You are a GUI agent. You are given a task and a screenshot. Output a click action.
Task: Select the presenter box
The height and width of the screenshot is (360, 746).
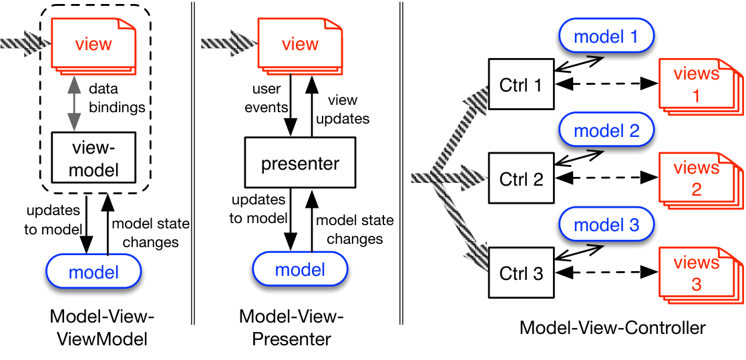coord(301,162)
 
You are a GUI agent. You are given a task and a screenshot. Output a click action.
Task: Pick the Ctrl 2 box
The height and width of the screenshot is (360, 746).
coord(521,178)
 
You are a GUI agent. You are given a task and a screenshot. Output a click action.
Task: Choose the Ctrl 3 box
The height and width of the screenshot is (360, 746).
coord(521,273)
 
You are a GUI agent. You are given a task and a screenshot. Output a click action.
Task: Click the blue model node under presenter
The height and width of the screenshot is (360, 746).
coord(301,270)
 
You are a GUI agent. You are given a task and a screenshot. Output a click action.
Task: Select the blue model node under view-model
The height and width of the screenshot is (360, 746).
coord(94,272)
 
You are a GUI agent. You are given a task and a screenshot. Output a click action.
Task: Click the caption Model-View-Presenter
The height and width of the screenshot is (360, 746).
coord(291,328)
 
